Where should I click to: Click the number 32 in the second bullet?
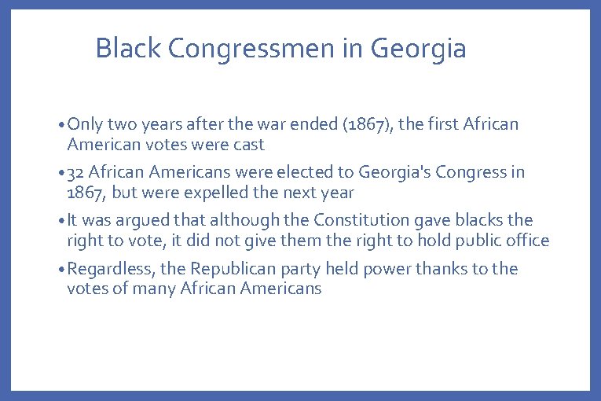click(77, 172)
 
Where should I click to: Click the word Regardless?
click(112, 269)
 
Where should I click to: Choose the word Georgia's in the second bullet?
click(392, 172)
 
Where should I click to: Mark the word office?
click(527, 241)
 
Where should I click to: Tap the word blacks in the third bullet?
click(480, 220)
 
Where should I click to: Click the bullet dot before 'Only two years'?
click(61, 125)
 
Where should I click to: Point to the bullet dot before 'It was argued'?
click(61, 221)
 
